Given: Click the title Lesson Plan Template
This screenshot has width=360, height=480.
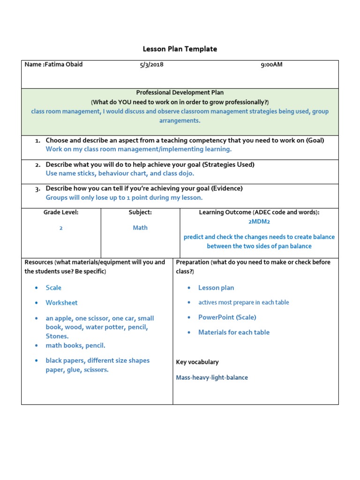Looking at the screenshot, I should click(x=180, y=49).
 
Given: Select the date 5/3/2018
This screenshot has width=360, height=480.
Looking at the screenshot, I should click(x=151, y=64).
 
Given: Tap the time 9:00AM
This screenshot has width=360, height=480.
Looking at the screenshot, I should click(x=271, y=64).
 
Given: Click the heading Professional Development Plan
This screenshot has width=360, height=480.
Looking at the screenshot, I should click(x=180, y=93).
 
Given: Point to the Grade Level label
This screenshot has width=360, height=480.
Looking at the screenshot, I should click(x=61, y=212).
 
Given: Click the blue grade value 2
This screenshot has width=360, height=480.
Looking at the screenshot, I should click(x=61, y=228).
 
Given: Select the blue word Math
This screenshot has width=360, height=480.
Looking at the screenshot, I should click(x=140, y=228).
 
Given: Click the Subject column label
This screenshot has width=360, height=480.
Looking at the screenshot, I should click(x=140, y=212).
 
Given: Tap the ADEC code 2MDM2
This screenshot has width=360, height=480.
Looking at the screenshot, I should click(x=259, y=221).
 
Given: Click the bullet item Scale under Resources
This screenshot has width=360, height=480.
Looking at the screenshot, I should click(x=53, y=288).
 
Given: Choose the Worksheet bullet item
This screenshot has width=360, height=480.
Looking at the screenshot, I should click(x=61, y=303).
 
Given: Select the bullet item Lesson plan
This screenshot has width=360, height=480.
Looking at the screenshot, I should click(x=216, y=288).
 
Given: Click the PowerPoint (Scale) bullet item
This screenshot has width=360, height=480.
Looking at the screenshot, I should click(x=227, y=317).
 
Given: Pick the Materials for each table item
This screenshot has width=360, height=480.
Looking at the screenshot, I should click(x=234, y=332).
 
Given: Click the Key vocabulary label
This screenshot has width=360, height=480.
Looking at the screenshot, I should click(x=197, y=362).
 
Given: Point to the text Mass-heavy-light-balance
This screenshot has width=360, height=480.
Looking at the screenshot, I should click(x=212, y=377).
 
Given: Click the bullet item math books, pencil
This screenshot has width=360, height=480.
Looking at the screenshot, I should click(x=75, y=345).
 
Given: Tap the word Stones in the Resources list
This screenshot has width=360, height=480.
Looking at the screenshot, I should click(x=57, y=336).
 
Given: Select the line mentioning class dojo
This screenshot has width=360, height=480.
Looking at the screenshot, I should click(x=120, y=173).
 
